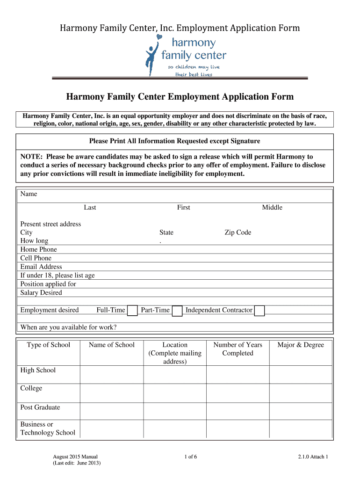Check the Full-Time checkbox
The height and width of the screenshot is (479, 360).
[132, 311]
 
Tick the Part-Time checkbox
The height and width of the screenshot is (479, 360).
[177, 311]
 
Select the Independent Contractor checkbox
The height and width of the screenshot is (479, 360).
[259, 311]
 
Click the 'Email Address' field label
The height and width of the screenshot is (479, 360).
[41, 267]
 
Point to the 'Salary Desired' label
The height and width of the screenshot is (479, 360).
[41, 292]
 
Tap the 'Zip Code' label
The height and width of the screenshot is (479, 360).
[238, 232]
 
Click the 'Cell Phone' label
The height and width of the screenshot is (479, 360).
[36, 258]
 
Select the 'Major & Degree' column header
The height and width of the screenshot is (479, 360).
[301, 345]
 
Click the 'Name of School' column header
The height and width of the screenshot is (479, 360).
[112, 345]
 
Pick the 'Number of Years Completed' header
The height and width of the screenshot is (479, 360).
[238, 349]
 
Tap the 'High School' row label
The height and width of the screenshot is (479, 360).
[38, 370]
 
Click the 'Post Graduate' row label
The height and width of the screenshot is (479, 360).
[40, 407]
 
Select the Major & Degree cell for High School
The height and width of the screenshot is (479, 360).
[301, 374]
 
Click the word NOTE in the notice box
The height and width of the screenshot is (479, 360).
[31, 157]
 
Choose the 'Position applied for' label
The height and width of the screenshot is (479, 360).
[48, 284]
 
